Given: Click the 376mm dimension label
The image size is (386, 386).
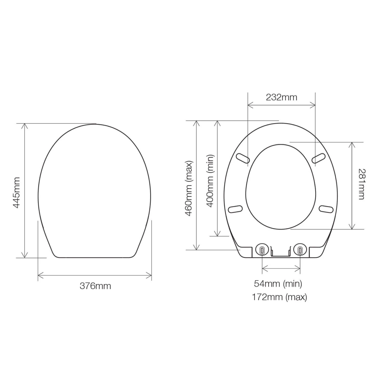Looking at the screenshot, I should (x=95, y=286).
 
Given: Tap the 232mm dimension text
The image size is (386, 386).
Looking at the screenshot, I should (x=281, y=97).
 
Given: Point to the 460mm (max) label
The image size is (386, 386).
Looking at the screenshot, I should (x=189, y=188).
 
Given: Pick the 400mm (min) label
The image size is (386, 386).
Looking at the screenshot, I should (x=210, y=181).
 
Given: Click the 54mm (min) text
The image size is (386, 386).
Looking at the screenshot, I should (x=278, y=284).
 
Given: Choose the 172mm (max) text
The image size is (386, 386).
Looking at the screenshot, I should (x=279, y=297).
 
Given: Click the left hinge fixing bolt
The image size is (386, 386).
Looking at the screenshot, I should (x=262, y=250).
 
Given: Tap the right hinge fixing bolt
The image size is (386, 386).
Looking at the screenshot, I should (x=300, y=250).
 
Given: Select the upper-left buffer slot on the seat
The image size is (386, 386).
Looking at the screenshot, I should (x=243, y=159).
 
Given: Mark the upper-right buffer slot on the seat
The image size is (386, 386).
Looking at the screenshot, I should (x=319, y=158).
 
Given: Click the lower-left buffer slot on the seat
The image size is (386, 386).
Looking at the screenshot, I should (x=235, y=209).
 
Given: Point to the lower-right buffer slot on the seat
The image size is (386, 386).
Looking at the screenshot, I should (x=326, y=209).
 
